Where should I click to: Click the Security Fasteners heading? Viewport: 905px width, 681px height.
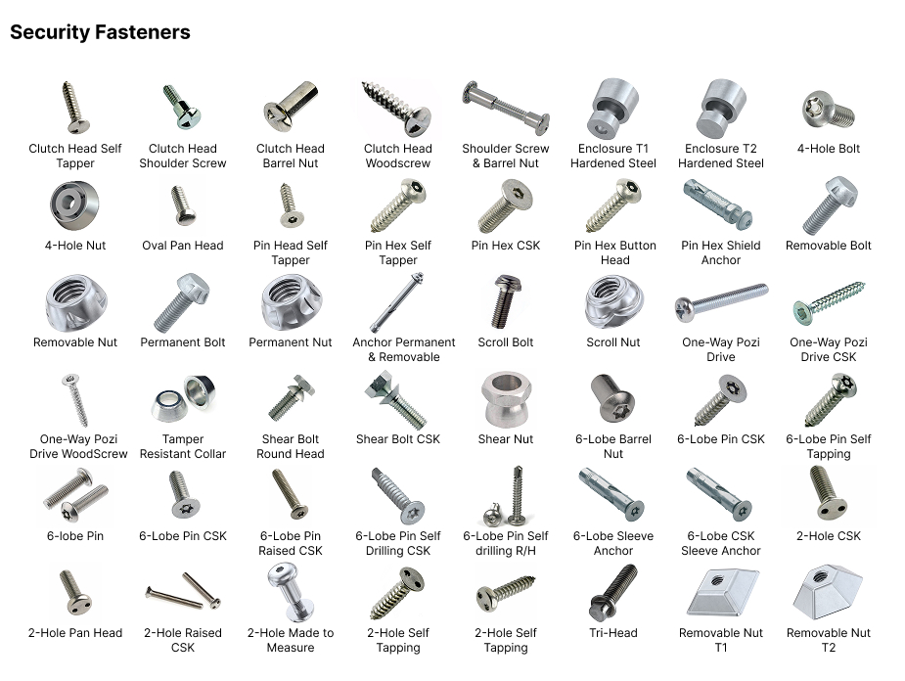click(100, 32)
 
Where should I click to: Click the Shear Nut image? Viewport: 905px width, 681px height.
click(506, 399)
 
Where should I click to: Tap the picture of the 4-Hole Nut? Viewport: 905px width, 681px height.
click(74, 205)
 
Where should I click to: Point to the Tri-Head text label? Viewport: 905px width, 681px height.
click(612, 632)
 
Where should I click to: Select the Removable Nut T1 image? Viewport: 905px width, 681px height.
click(721, 592)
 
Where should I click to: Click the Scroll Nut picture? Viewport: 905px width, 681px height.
click(612, 301)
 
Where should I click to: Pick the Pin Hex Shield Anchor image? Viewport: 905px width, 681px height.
click(717, 204)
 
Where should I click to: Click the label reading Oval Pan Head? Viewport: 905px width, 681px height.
click(182, 246)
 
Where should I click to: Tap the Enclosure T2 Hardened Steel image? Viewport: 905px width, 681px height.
click(721, 108)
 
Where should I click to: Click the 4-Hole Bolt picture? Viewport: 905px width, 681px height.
click(829, 110)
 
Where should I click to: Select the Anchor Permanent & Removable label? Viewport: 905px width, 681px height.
click(403, 349)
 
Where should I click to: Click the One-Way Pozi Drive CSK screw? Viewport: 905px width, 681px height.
click(829, 302)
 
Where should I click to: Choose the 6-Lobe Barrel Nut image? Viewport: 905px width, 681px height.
click(612, 397)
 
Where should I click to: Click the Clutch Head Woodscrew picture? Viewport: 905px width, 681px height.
click(396, 108)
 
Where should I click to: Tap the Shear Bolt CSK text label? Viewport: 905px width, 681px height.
click(397, 439)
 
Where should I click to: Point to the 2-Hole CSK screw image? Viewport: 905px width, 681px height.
click(828, 492)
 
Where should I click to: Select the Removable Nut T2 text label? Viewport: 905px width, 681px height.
click(829, 640)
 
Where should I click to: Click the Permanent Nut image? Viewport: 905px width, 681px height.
click(291, 302)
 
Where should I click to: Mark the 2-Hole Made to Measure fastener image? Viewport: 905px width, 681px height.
click(290, 592)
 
